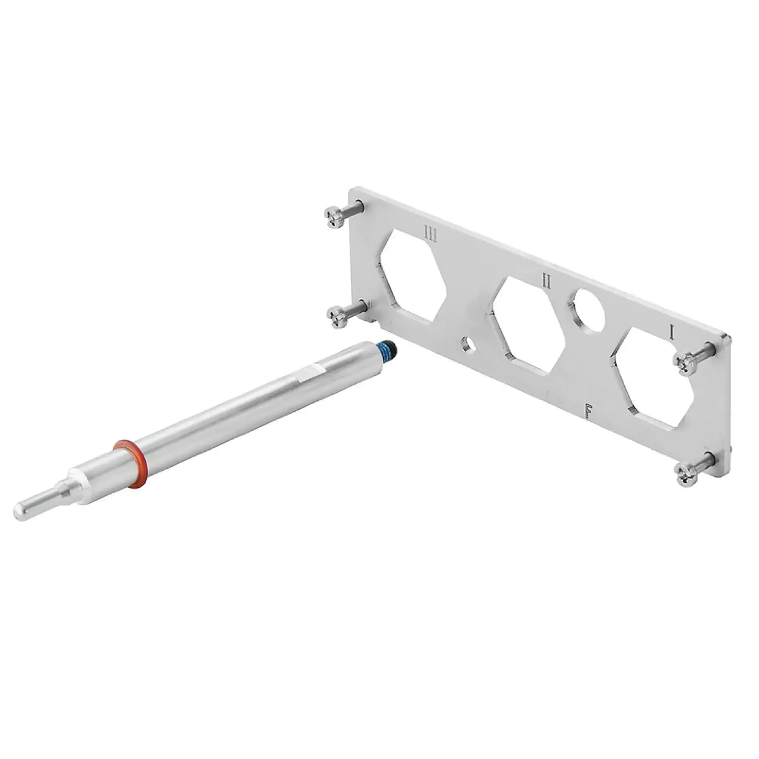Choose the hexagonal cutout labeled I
pyautogui.click(x=654, y=381)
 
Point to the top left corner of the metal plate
pyautogui.click(x=353, y=189)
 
